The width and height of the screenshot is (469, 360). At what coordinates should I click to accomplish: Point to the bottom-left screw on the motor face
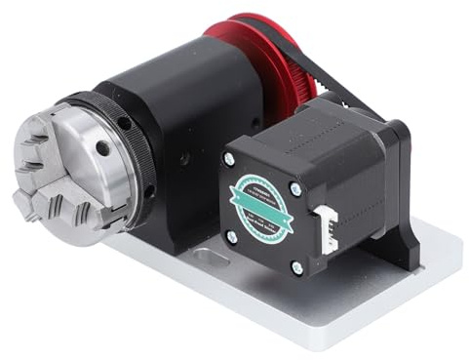(x=231, y=235)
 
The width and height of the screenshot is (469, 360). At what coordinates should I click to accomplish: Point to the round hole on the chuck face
(x=100, y=148)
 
